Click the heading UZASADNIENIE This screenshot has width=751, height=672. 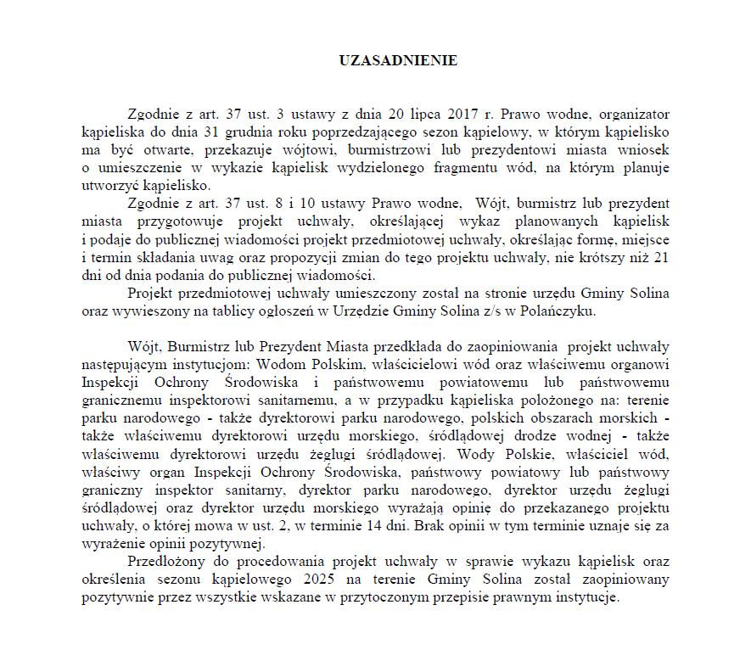click(398, 61)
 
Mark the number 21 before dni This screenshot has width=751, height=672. click(661, 258)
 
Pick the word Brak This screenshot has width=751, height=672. click(438, 526)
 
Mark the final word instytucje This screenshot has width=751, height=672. click(590, 597)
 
